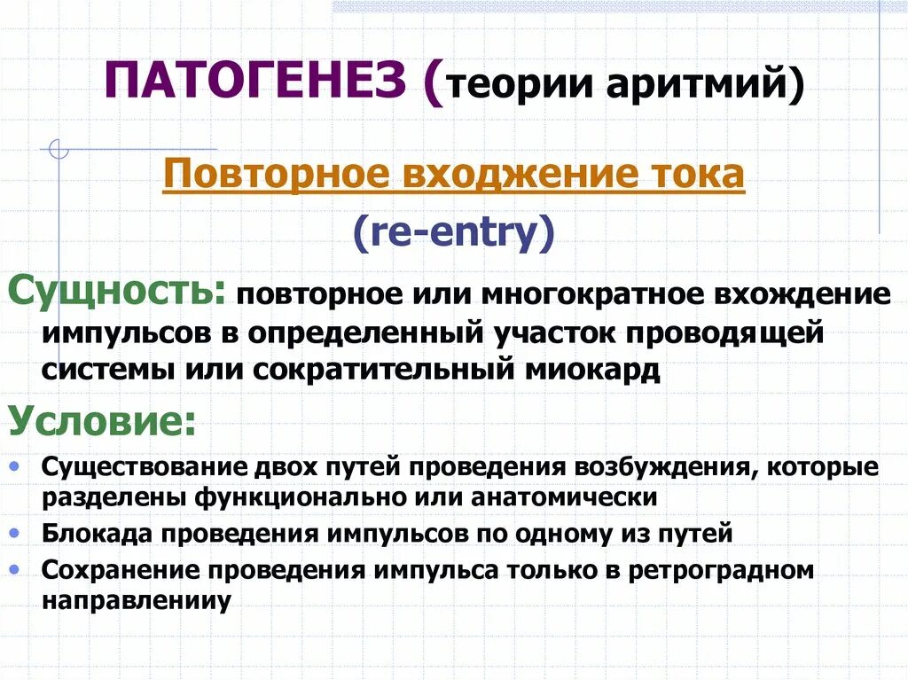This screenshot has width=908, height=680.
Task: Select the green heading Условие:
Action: tap(103, 421)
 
